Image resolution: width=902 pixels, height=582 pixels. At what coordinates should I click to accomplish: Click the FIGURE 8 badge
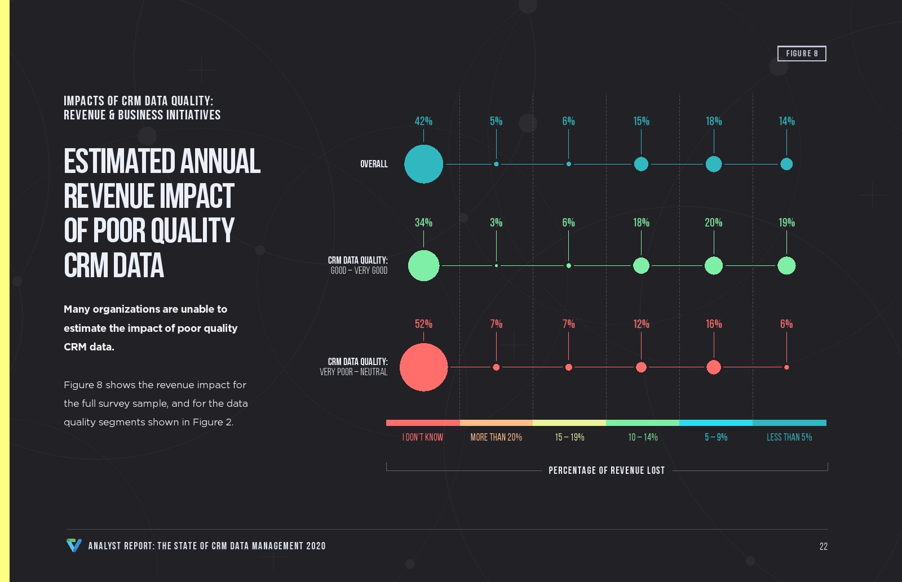point(802,54)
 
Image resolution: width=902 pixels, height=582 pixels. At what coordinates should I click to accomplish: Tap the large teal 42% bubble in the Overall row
point(423,164)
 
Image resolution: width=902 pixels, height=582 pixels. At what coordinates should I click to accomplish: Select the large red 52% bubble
point(423,367)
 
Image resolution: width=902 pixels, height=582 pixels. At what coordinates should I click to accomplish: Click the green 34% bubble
point(423,265)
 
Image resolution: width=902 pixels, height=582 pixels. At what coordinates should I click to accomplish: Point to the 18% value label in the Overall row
point(714,121)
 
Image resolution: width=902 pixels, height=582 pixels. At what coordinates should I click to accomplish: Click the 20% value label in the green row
point(714,223)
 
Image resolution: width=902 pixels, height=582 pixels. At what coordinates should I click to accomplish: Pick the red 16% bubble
point(714,367)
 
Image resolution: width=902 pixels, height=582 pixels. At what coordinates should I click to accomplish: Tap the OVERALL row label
point(374,164)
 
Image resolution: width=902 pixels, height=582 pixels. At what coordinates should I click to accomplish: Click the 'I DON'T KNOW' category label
point(423,437)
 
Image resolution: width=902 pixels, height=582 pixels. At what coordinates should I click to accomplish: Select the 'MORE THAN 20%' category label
point(496,437)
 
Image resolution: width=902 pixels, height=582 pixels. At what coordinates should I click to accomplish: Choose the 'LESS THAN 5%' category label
point(789,437)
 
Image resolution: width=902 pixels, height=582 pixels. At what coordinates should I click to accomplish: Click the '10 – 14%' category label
point(643,437)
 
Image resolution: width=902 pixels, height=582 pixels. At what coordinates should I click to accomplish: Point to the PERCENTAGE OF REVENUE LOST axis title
point(607,470)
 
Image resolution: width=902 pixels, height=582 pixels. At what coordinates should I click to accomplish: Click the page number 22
point(824,547)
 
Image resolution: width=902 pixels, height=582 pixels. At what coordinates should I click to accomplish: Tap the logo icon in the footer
point(74,545)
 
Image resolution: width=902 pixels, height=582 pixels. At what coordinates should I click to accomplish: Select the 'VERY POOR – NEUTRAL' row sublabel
point(353,372)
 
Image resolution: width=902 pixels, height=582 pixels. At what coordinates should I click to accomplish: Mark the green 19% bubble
point(786,265)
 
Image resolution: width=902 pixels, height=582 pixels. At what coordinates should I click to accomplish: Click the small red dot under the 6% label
point(786,367)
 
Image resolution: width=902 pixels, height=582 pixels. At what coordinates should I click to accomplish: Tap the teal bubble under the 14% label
point(786,164)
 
